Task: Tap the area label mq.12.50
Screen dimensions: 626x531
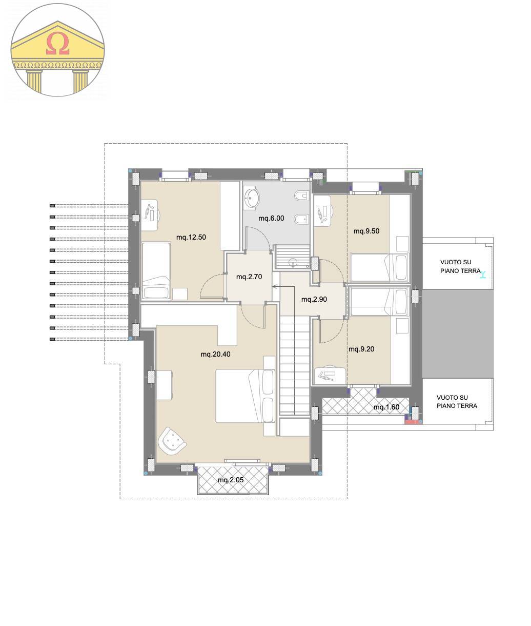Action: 191,237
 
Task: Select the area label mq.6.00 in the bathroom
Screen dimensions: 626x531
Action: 271,219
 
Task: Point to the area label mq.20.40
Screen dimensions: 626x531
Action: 215,354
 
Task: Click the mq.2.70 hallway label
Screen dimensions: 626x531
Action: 249,277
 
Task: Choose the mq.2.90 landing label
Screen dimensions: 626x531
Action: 314,299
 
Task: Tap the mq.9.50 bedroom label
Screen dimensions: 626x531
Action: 366,231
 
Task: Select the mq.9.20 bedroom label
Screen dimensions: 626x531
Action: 361,349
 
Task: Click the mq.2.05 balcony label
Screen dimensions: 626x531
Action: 231,480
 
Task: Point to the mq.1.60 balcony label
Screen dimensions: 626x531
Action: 386,407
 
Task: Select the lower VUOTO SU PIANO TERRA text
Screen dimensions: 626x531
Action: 457,401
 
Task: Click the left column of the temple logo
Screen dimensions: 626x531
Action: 34,81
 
